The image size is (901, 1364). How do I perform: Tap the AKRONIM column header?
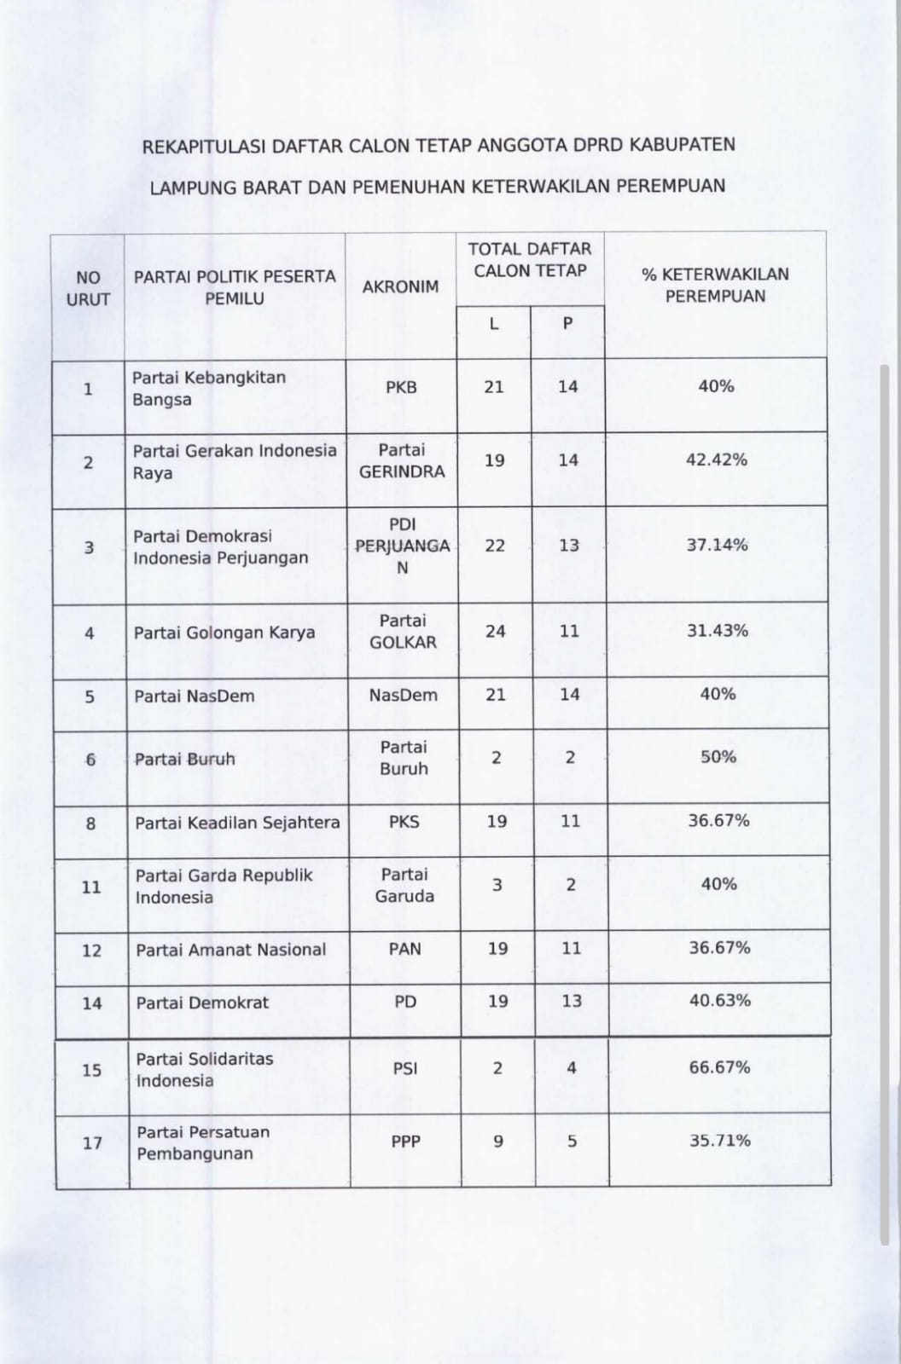400,287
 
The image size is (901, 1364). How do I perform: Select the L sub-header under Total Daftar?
493,324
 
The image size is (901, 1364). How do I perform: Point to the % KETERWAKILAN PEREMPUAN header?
715,285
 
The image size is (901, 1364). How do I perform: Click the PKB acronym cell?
401,387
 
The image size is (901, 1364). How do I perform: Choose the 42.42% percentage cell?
717,460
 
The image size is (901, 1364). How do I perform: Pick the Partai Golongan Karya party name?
224,633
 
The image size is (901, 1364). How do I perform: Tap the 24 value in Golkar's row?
496,632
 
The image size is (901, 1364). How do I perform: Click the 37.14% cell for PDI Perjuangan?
717,545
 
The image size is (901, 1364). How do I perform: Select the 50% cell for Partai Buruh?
718,757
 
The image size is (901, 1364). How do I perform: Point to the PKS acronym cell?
404,822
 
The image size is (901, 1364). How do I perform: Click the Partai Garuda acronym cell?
404,885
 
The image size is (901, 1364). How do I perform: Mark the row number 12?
91,951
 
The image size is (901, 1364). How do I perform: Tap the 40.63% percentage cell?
720,1001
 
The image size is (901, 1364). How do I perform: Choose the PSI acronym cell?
405,1068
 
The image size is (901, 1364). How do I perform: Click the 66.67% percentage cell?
720,1067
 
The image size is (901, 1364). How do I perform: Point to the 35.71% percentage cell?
720,1141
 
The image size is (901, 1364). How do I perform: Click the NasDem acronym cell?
404,696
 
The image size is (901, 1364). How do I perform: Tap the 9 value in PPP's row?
498,1141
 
